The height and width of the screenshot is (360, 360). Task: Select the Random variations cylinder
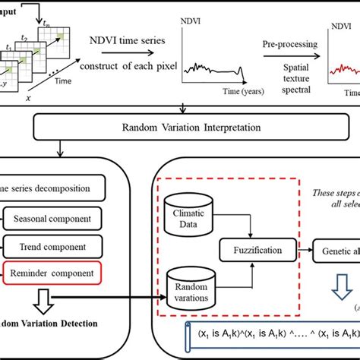click(188, 286)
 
